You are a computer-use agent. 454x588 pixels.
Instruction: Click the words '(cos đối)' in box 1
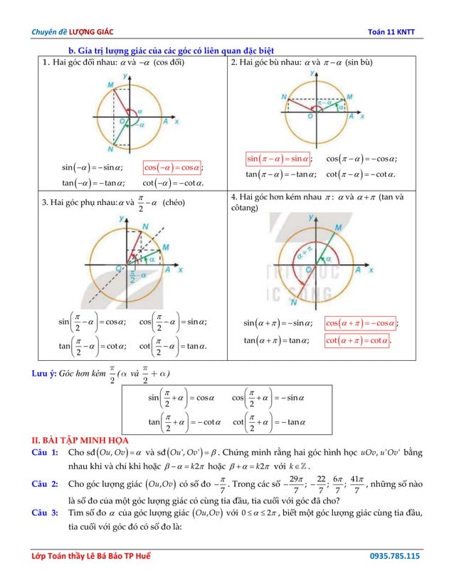point(169,63)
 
